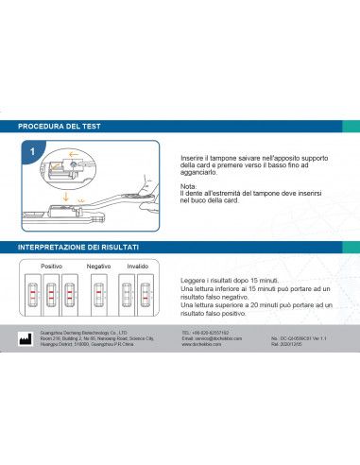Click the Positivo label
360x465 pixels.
tap(51, 267)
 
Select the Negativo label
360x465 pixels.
tap(98, 267)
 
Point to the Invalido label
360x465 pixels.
tap(138, 267)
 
